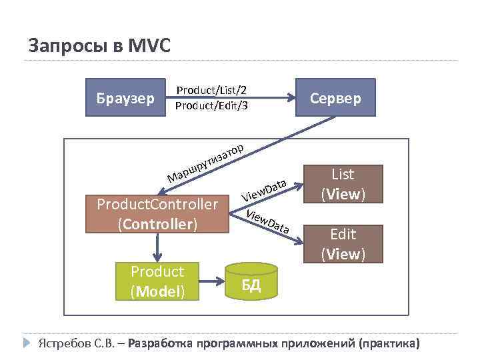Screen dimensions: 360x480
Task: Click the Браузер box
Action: pyautogui.click(x=126, y=98)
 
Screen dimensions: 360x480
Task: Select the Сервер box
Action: pyautogui.click(x=335, y=98)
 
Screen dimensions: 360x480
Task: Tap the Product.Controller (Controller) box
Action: pyautogui.click(x=157, y=213)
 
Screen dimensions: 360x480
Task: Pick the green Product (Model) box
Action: pyautogui.click(x=157, y=281)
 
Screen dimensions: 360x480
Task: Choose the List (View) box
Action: pyautogui.click(x=343, y=184)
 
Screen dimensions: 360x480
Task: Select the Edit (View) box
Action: pyautogui.click(x=343, y=243)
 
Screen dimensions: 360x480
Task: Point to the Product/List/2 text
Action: pyautogui.click(x=211, y=91)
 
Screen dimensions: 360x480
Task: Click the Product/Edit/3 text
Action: pyautogui.click(x=211, y=105)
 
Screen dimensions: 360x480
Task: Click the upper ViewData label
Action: pyautogui.click(x=264, y=189)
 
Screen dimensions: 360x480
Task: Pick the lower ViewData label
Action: pyautogui.click(x=267, y=222)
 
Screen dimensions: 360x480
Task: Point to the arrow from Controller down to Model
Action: pyautogui.click(x=158, y=247)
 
